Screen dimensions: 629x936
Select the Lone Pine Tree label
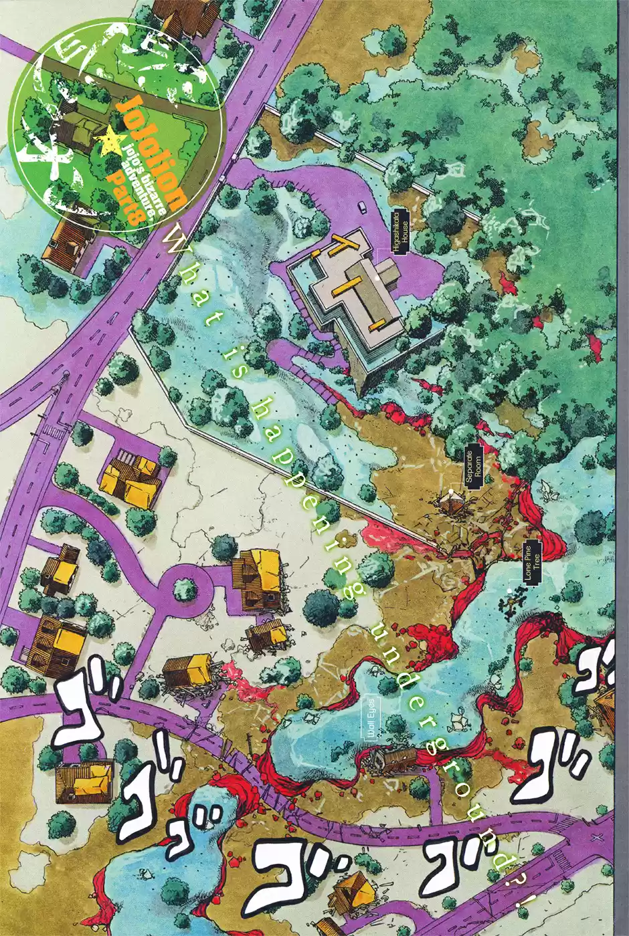tap(533, 562)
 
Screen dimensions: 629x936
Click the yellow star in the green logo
tap(108, 141)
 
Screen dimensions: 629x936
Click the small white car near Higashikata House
tap(362, 207)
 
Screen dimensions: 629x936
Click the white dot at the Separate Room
tap(452, 493)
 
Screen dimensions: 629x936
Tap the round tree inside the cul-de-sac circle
tap(184, 590)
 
